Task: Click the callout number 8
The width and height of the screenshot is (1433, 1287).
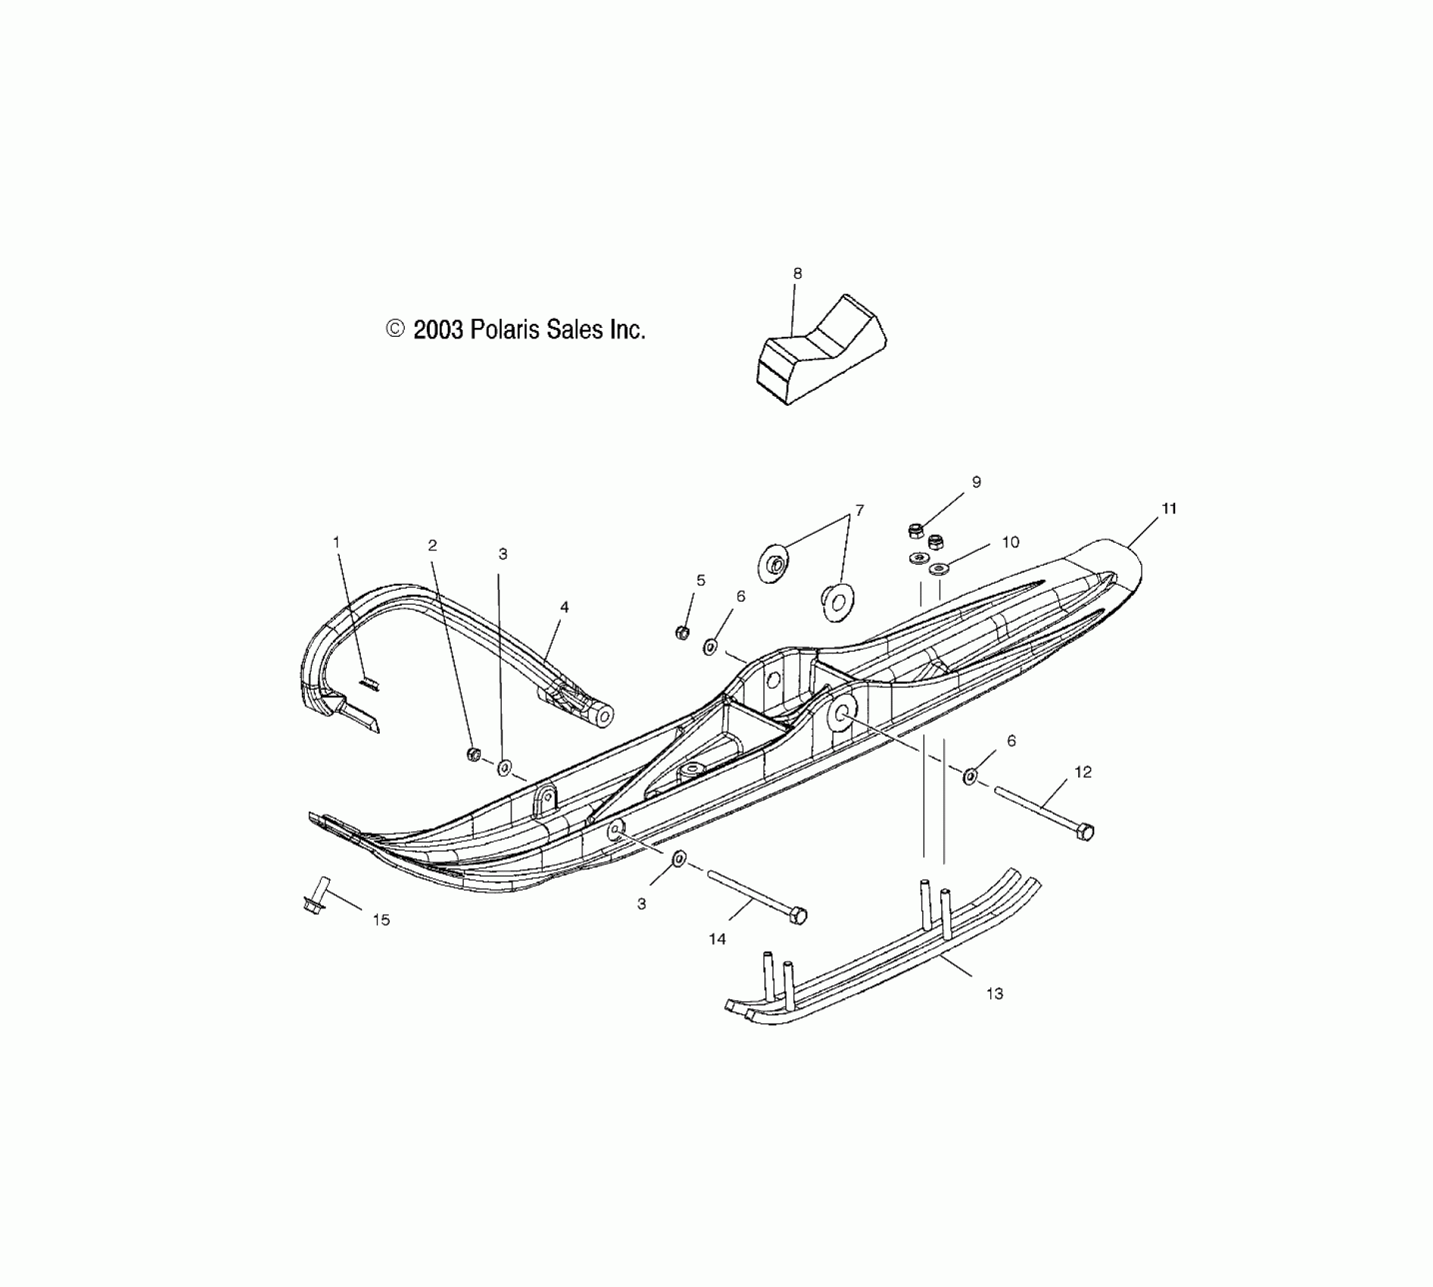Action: (x=797, y=273)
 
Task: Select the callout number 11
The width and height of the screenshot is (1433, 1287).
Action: (x=1169, y=509)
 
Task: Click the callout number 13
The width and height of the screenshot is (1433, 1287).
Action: (x=994, y=993)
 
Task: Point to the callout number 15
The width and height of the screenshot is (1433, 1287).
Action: (x=381, y=920)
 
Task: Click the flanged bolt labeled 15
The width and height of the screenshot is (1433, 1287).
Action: (x=315, y=896)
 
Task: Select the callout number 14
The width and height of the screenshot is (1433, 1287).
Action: (x=716, y=939)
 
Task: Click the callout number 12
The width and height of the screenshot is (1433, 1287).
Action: (x=1083, y=772)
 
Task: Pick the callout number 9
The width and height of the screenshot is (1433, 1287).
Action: (x=976, y=482)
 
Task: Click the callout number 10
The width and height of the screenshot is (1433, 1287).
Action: (x=1010, y=542)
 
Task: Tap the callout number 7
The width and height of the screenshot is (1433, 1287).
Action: (x=859, y=510)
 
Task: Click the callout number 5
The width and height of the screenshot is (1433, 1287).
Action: (x=701, y=581)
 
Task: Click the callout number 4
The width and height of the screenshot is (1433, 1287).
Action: (x=564, y=607)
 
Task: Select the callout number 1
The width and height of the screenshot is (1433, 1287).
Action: (x=337, y=542)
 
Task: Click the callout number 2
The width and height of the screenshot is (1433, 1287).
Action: (x=432, y=545)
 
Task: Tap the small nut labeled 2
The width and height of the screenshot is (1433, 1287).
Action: (x=474, y=754)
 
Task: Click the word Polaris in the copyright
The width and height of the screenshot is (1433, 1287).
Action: (x=506, y=329)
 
